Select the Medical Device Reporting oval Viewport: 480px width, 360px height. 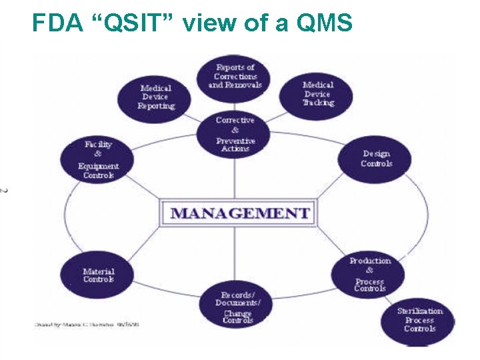[156, 97]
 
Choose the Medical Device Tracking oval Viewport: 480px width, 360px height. [317, 94]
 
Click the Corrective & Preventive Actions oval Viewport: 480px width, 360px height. [235, 134]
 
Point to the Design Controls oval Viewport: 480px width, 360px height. [376, 159]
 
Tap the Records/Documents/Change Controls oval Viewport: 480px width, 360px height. [238, 306]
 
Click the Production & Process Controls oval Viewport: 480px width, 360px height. [369, 273]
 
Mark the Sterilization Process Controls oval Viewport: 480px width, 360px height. [419, 319]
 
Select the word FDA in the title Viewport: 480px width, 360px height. [57, 24]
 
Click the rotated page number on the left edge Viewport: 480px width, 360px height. [5, 191]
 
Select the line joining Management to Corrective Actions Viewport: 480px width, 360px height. [235, 177]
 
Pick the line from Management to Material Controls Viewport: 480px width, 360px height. [143, 243]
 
